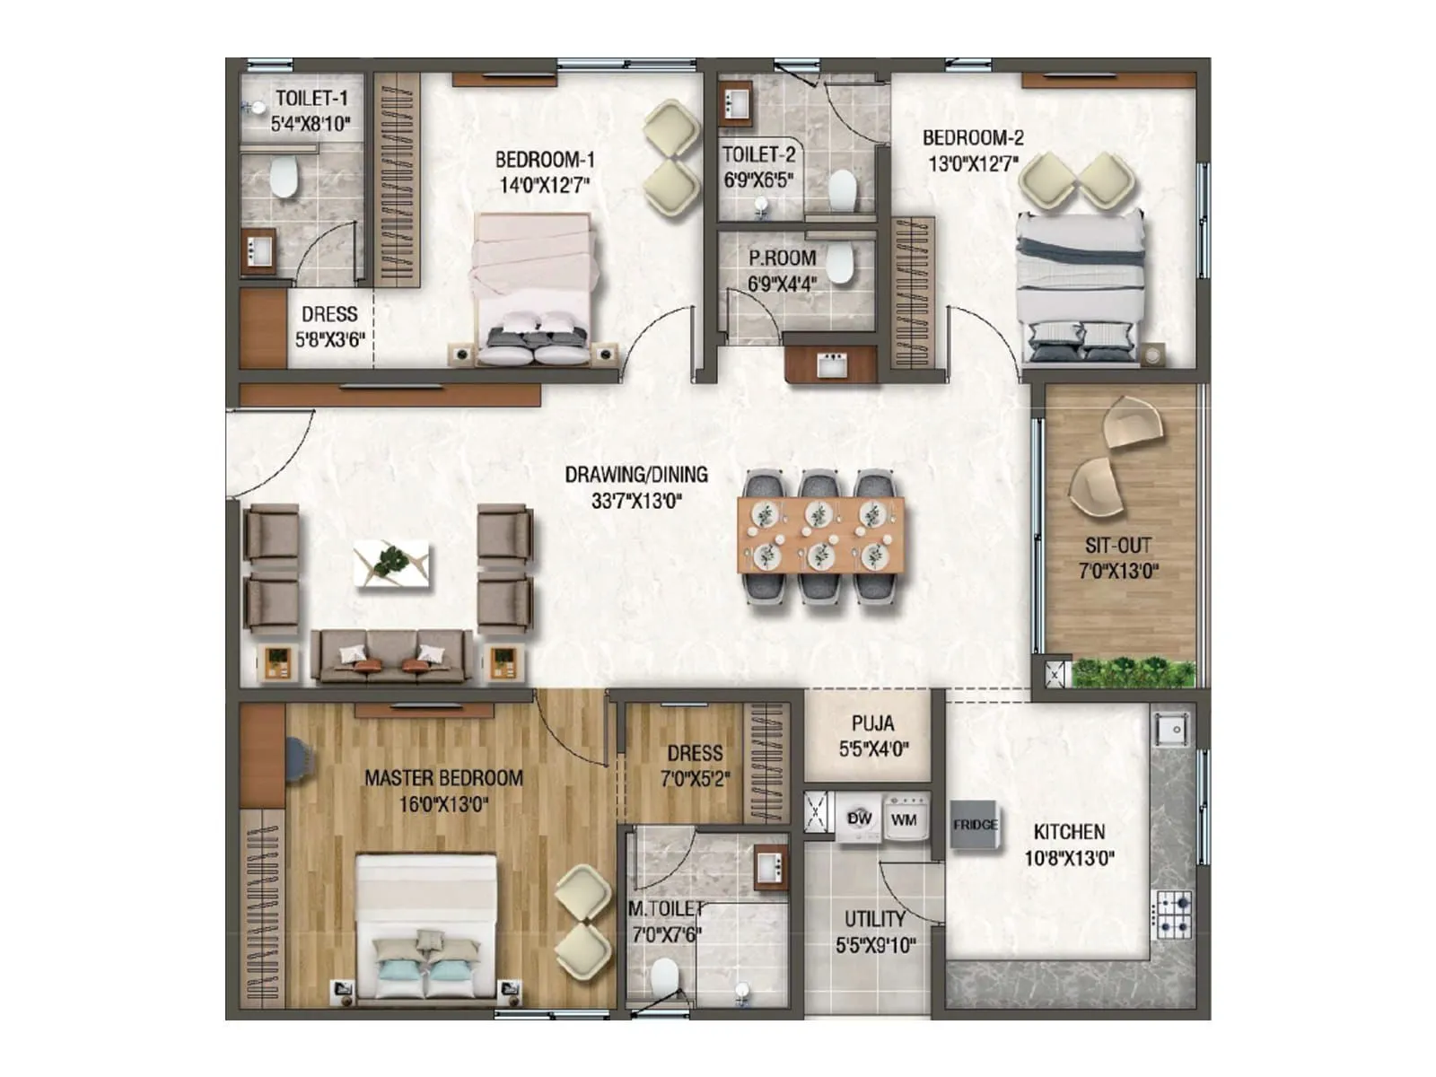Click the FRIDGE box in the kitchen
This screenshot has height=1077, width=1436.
tap(975, 824)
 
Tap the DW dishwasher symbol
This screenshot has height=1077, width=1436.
tap(859, 819)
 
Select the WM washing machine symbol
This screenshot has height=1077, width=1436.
tap(904, 819)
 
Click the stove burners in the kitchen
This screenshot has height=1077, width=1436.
tap(1172, 914)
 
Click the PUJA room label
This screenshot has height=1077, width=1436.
tap(872, 722)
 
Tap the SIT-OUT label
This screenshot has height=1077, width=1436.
tap(1117, 545)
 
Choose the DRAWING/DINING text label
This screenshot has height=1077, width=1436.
tap(636, 475)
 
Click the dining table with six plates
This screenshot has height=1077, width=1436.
tap(819, 536)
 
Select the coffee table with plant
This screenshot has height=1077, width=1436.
tap(391, 565)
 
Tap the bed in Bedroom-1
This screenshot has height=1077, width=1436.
tap(533, 287)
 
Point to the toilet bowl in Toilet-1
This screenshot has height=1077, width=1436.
tap(285, 178)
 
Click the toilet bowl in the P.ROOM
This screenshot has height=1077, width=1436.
tap(839, 264)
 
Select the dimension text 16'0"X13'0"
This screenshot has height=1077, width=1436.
tap(443, 804)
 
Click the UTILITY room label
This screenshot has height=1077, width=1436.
tap(874, 919)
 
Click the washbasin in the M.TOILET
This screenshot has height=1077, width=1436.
tap(770, 867)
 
